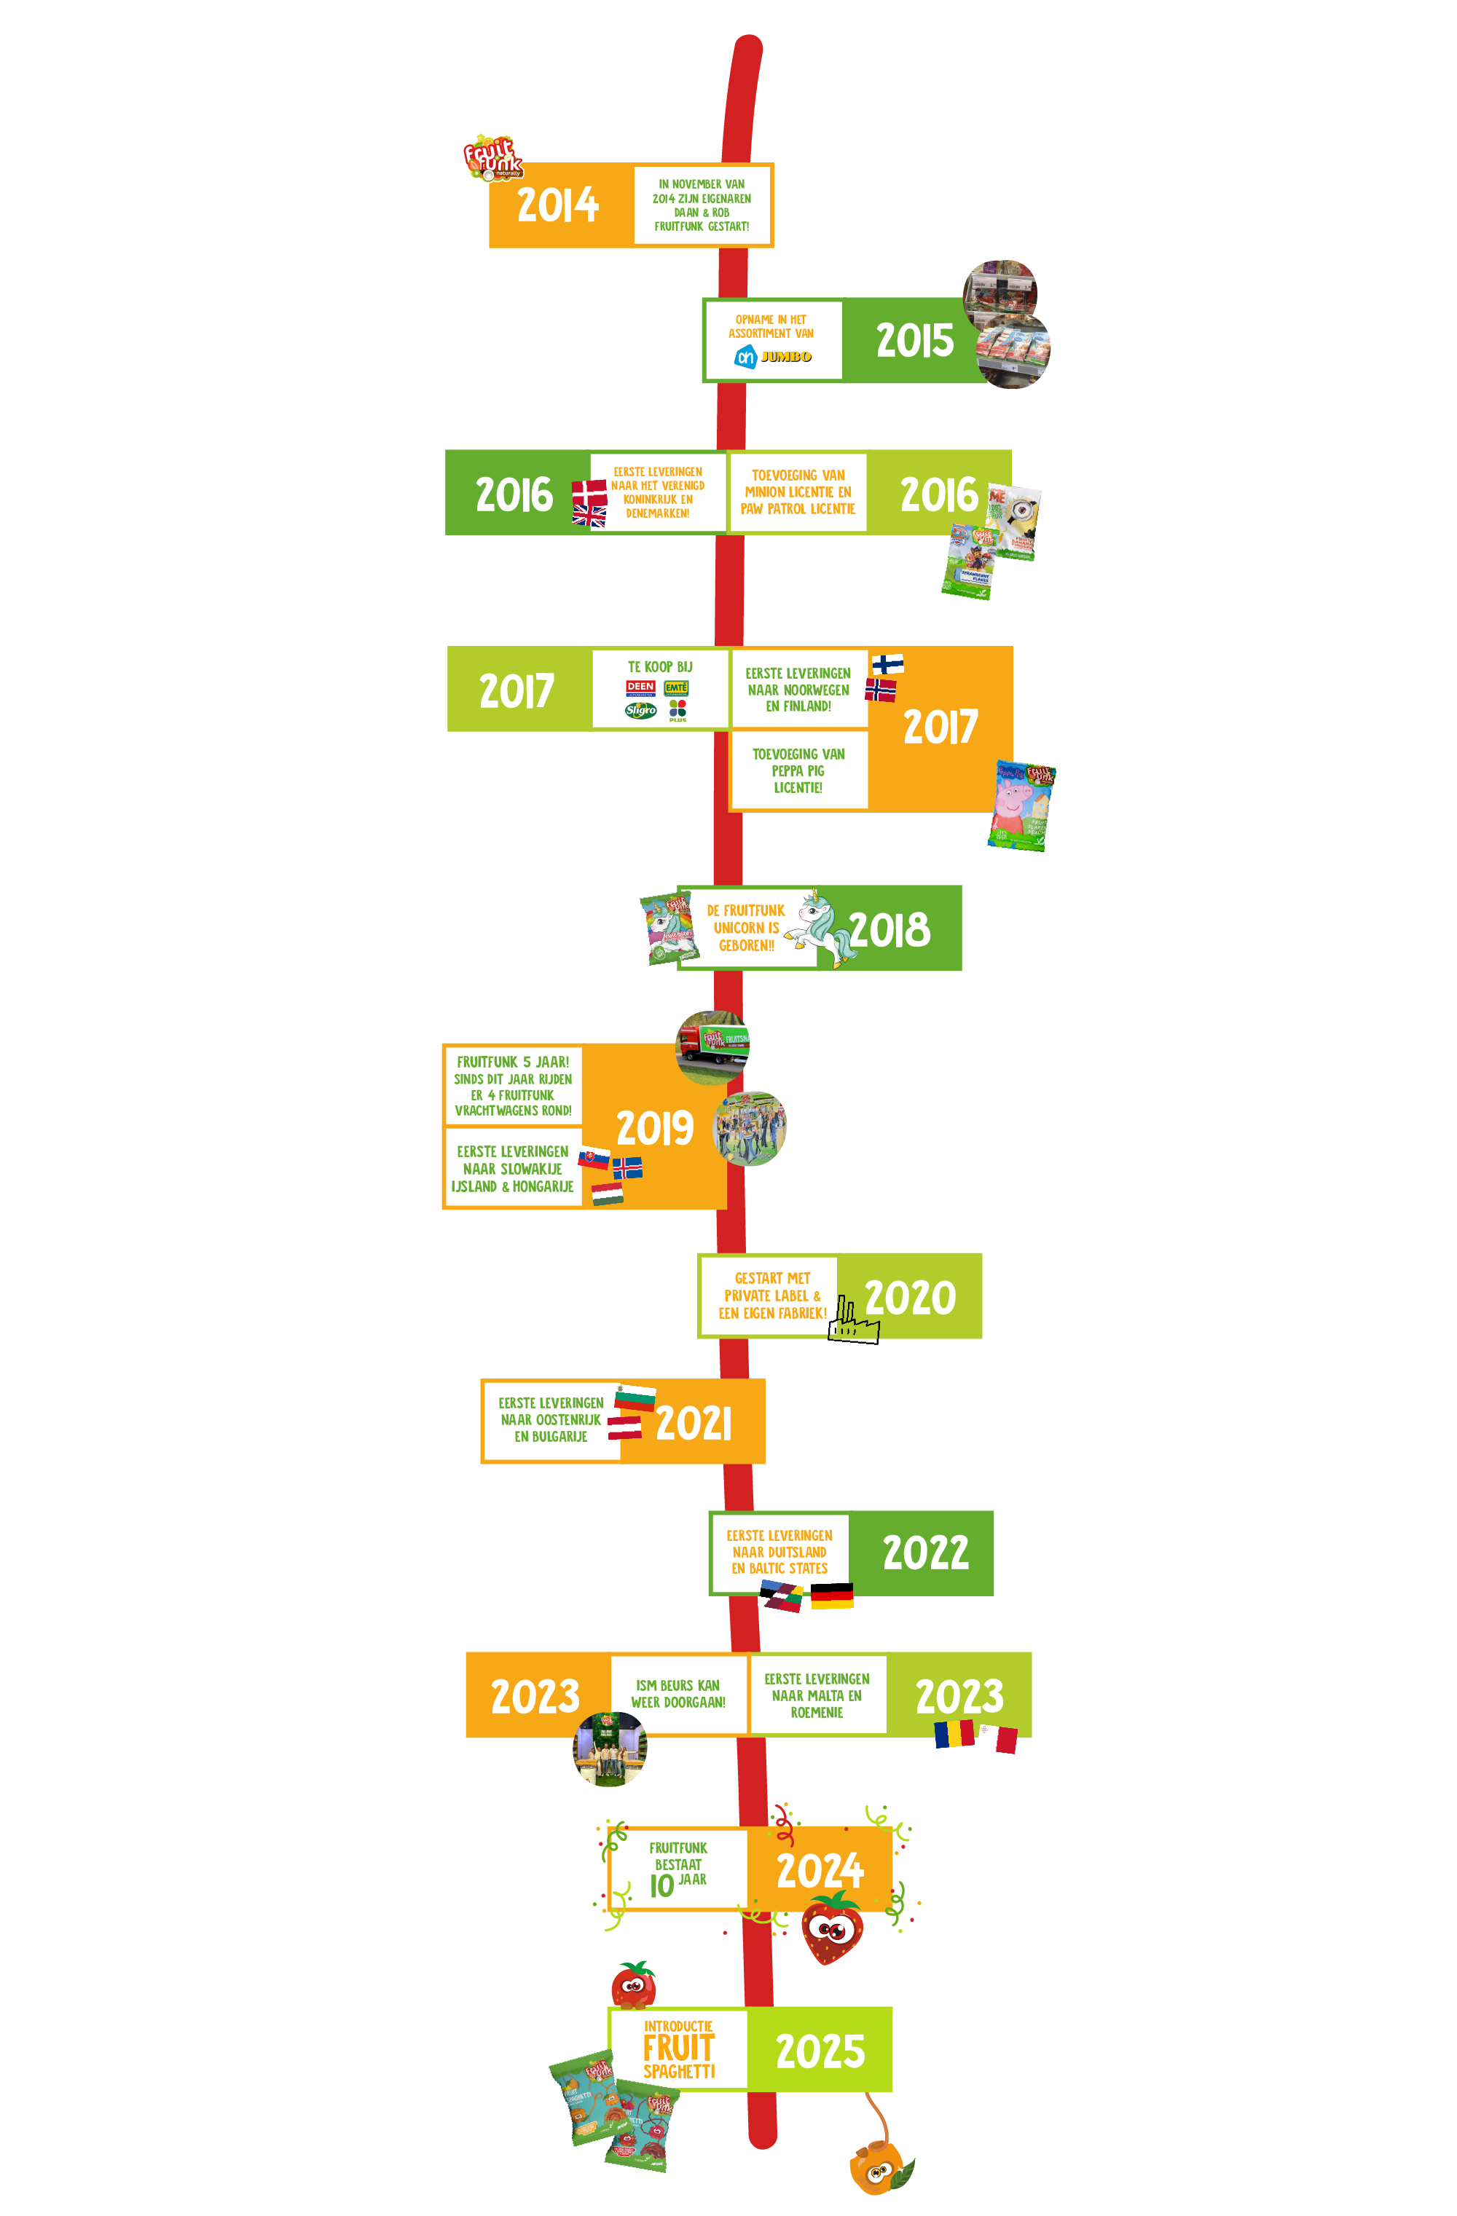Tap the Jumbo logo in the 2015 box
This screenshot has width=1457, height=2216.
click(785, 357)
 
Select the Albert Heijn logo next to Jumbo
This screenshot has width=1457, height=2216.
click(745, 357)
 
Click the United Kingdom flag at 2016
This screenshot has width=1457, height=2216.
click(589, 516)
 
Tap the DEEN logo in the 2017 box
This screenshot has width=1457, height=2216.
click(641, 688)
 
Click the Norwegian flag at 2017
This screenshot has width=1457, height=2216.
click(880, 690)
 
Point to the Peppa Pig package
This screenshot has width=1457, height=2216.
click(1021, 805)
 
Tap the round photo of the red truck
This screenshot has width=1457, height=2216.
click(712, 1046)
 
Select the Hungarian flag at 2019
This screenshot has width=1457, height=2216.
click(608, 1194)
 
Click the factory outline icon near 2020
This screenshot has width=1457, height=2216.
click(852, 1321)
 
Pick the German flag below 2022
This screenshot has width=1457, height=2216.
click(832, 1595)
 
